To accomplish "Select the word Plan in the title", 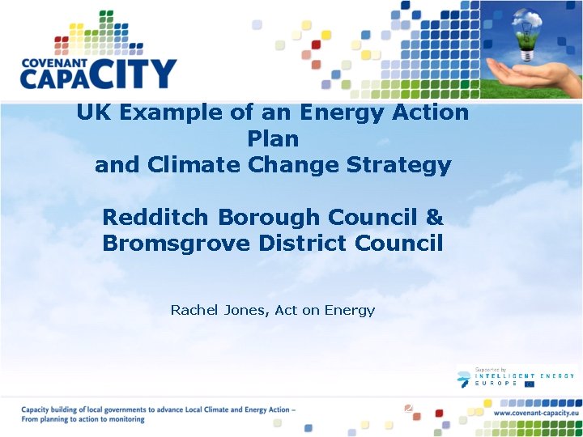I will coord(273,138).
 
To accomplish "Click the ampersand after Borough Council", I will coord(434,217).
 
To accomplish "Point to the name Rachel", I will coord(192,309).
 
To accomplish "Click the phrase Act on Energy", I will coord(325,309).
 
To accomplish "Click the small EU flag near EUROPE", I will coord(530,384).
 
